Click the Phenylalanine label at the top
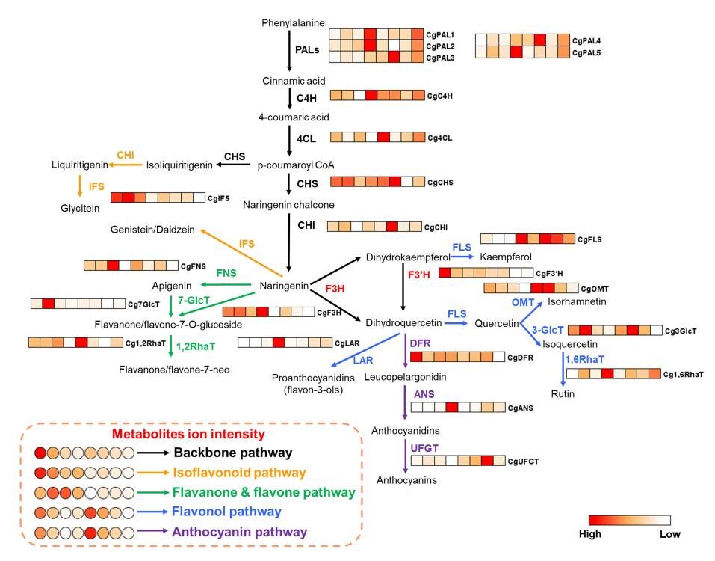[x=293, y=23]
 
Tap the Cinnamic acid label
[x=294, y=80]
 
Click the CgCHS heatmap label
[x=441, y=182]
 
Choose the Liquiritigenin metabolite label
[x=81, y=164]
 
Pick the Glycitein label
[x=81, y=210]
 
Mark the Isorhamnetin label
[x=575, y=301]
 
